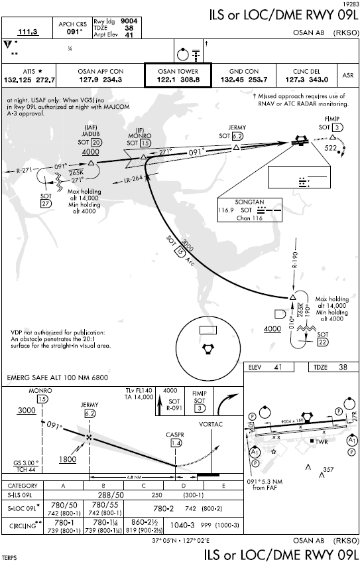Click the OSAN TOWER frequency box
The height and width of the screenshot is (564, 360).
pos(178,76)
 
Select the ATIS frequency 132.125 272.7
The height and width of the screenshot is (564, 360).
pos(30,80)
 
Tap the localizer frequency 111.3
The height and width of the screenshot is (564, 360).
pos(28,31)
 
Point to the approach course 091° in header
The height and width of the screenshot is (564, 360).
pos(74,31)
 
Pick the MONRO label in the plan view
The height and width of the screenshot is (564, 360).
pos(139,135)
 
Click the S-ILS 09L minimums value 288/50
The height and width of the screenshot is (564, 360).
pos(111,494)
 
